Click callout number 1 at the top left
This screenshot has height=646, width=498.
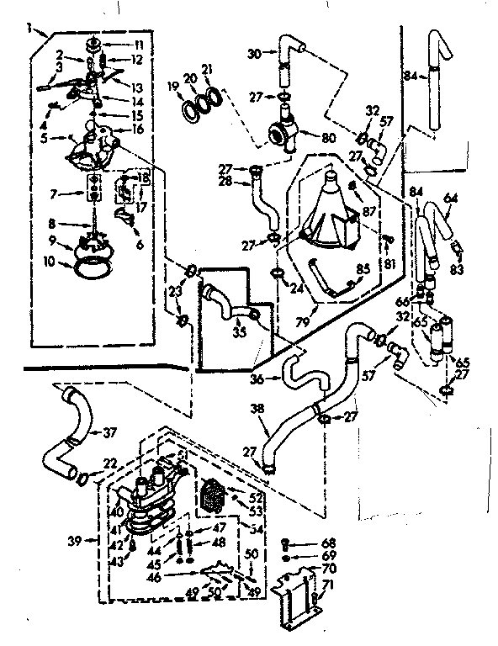(x=29, y=28)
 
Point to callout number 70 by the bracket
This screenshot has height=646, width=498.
(x=327, y=569)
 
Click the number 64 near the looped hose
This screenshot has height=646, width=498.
(x=450, y=198)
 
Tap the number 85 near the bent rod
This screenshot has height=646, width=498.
(x=363, y=270)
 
